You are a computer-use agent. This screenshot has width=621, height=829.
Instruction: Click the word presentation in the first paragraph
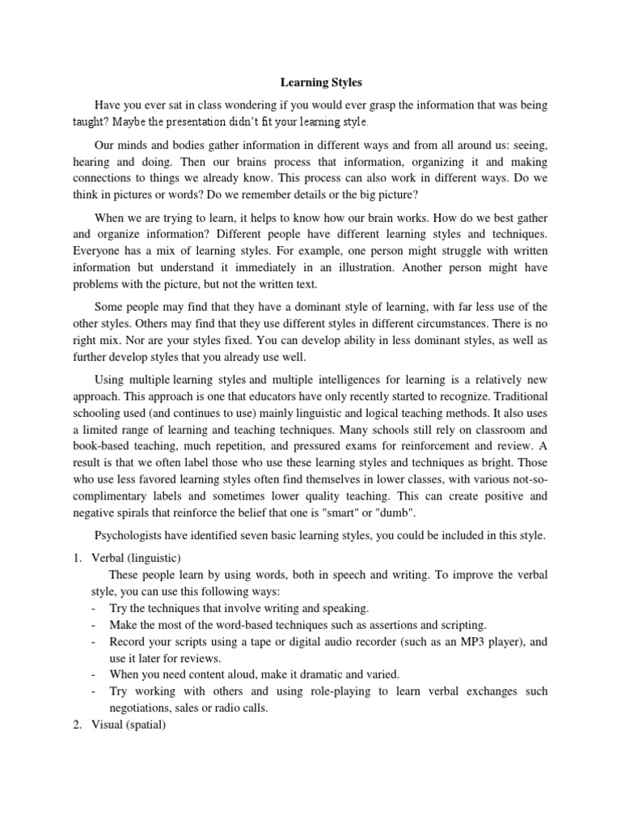coord(192,122)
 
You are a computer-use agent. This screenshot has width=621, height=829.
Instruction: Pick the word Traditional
coord(515,396)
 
